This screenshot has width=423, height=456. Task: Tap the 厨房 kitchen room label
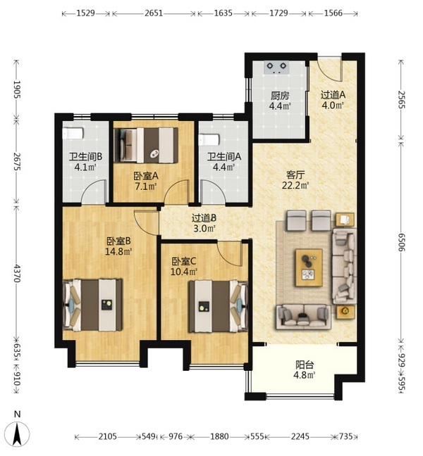280,96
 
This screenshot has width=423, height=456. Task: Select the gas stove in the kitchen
277,68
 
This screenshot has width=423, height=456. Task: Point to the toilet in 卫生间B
73,133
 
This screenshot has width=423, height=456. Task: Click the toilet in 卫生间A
209,139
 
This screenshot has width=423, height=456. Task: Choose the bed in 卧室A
147,145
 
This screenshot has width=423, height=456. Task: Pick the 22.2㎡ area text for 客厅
295,185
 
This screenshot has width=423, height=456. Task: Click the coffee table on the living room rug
309,267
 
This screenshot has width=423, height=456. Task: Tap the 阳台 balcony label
305,365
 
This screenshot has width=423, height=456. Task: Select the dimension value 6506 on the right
402,242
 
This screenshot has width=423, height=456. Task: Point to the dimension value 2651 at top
154,13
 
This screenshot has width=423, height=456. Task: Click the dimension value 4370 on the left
17,273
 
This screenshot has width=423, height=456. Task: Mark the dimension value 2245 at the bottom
300,436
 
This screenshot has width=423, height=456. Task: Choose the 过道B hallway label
204,218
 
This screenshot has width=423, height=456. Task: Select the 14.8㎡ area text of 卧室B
118,251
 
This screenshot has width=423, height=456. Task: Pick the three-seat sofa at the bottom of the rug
303,317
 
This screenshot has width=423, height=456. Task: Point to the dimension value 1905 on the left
17,90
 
